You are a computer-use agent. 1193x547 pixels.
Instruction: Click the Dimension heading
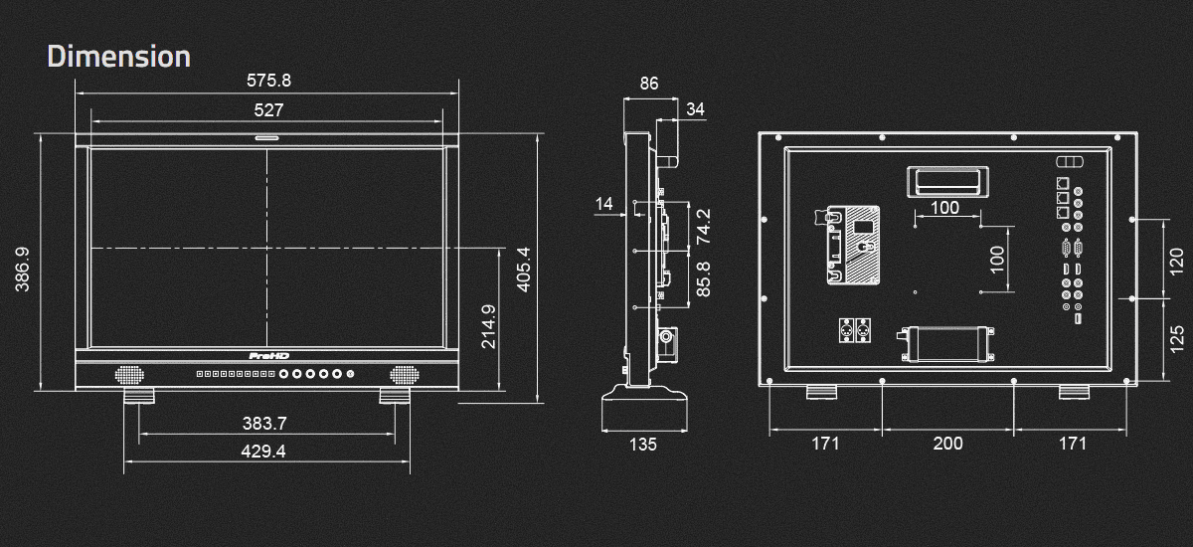tap(118, 57)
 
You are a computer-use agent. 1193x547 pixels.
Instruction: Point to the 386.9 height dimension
tap(23, 269)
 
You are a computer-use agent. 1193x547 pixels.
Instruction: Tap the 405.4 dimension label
tap(524, 269)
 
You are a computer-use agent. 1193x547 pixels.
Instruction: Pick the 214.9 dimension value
tap(488, 325)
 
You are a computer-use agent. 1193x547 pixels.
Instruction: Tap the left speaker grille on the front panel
tap(130, 374)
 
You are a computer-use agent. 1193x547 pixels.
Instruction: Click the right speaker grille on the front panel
tap(404, 374)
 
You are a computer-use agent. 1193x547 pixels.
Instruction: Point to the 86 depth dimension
tap(649, 85)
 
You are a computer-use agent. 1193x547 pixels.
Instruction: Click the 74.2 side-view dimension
tap(703, 227)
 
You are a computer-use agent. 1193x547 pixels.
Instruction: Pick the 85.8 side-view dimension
tap(703, 280)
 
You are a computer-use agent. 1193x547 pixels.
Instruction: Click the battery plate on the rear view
tap(852, 245)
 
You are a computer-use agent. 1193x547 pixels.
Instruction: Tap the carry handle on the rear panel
tap(945, 181)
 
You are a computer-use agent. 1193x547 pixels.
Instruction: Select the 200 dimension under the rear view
tap(947, 444)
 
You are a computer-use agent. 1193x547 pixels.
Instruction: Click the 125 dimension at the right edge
tap(1178, 338)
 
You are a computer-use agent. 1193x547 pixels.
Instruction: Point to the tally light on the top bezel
tap(266, 138)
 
